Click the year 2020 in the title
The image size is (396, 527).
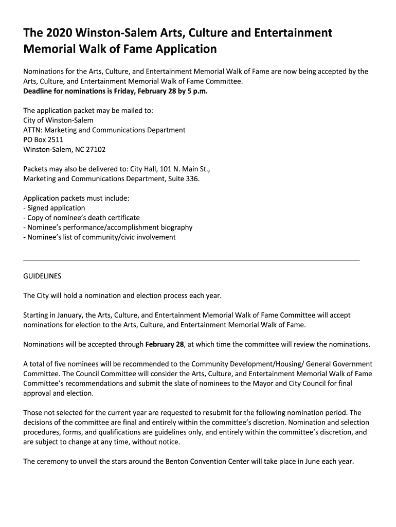(58, 33)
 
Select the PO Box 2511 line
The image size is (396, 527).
(44, 139)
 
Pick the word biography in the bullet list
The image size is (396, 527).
(175, 227)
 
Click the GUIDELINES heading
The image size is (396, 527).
(42, 276)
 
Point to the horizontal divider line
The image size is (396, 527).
(191, 259)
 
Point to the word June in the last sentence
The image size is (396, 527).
(311, 461)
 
